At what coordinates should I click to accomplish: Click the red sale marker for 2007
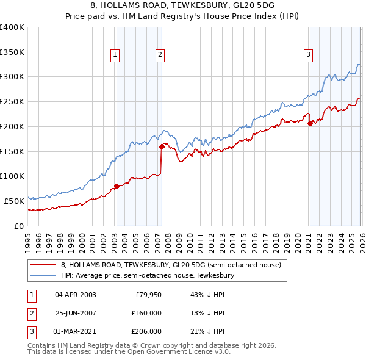[x=162, y=146]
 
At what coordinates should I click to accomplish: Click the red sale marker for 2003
[x=117, y=186]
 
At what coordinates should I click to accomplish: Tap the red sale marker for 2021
[x=310, y=123]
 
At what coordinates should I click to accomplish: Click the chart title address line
[x=183, y=6]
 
